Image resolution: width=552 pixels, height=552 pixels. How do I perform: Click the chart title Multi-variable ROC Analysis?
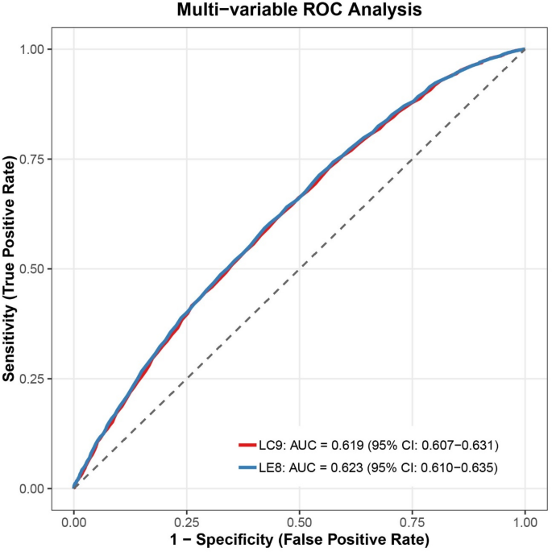(300, 11)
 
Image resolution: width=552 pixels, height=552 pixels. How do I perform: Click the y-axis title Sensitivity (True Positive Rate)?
(10, 268)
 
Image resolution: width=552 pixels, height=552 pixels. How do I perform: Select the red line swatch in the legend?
(247, 444)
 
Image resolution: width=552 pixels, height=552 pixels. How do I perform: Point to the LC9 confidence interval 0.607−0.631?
(457, 444)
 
